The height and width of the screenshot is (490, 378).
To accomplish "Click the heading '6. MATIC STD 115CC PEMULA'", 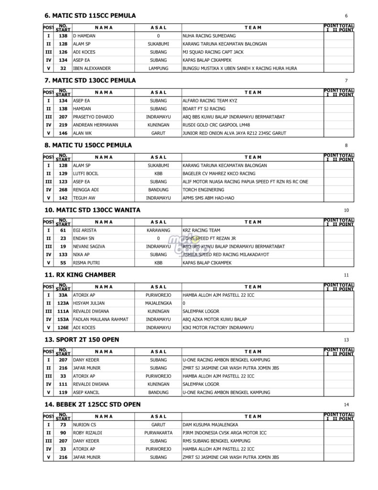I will point(89,16).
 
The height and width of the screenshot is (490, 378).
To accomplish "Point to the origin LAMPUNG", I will point(158,68).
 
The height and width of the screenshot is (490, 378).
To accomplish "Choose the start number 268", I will point(63,190).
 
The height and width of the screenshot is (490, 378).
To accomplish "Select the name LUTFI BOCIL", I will point(86,174).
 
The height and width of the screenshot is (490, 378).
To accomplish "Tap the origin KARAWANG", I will point(158,230).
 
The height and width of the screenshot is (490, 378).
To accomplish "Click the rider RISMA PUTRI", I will point(86,263).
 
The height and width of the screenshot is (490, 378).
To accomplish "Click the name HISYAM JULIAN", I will point(88,303).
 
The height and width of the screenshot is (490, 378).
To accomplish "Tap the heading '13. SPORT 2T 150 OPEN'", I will point(81,340).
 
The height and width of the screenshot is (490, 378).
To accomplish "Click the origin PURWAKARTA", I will point(158,433).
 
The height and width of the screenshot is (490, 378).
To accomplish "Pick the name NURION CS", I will point(85,425).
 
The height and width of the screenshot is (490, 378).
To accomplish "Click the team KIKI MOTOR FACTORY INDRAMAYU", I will point(218,327).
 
